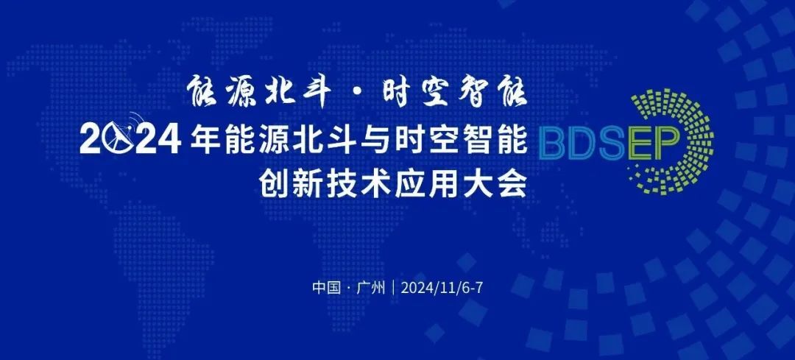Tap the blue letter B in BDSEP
(551, 144)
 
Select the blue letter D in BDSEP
(579, 144)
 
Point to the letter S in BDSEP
(607, 144)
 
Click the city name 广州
(371, 288)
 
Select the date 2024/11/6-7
(441, 288)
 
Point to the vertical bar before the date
(393, 288)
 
